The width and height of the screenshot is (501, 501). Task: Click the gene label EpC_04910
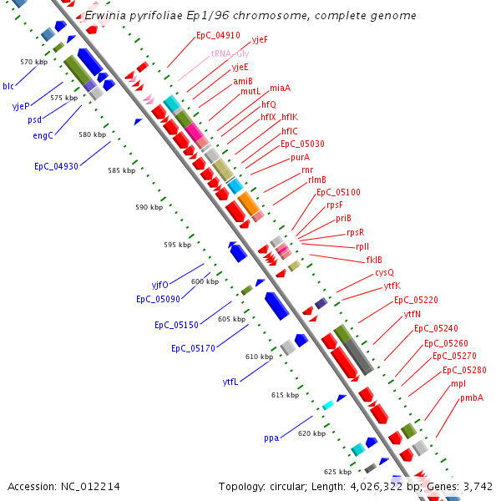click(218, 36)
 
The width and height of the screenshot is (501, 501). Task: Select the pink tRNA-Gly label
click(230, 52)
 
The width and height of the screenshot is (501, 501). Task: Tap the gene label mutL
click(250, 91)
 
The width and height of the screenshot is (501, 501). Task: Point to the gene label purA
click(301, 157)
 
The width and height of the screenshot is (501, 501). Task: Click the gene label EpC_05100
click(338, 192)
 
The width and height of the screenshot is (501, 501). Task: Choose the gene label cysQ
click(384, 272)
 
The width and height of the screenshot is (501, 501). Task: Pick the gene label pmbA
click(472, 397)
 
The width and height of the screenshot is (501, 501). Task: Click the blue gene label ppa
click(271, 438)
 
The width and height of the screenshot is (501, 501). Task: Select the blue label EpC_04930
click(56, 166)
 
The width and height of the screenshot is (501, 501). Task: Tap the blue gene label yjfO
click(159, 285)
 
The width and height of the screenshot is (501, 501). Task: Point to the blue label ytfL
click(230, 382)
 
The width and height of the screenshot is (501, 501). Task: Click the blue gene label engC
click(43, 135)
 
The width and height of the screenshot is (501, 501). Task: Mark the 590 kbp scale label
click(149, 207)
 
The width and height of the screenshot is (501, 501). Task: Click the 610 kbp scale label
click(259, 357)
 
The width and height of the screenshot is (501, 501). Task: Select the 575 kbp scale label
click(63, 98)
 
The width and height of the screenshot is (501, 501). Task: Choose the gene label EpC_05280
click(464, 370)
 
